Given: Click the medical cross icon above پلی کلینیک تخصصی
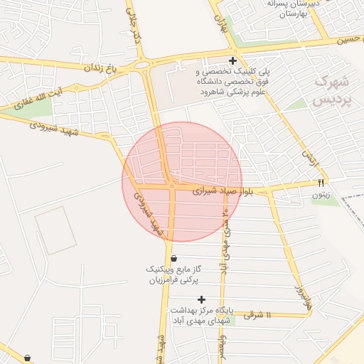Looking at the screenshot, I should tap(232, 61).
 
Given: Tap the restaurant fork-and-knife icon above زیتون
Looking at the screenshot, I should tap(321, 183).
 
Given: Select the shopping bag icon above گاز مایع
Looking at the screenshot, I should tap(174, 258).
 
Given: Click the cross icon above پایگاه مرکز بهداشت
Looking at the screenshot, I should tap(201, 299).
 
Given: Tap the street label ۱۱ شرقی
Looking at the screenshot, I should tap(258, 314).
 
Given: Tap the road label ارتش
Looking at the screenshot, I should tap(307, 158).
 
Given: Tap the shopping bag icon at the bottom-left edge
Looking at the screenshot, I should tap(27, 358).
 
